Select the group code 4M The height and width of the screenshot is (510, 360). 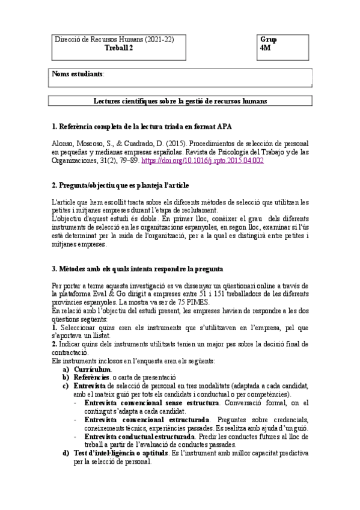[267, 49]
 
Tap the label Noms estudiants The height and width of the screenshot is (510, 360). [78, 74]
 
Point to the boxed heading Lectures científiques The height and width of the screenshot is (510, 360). [180, 101]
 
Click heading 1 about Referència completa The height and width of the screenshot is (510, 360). [141, 127]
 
